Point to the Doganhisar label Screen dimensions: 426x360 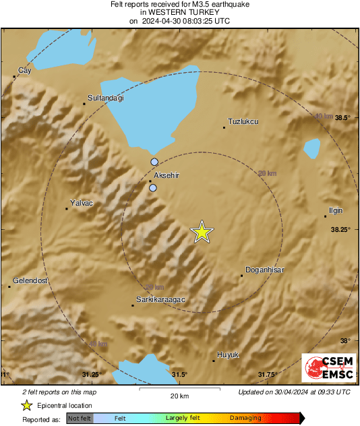pos(265,270)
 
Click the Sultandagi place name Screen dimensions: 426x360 pos(107,97)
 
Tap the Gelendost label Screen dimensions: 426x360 pos(30,280)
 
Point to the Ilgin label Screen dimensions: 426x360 pos(335,210)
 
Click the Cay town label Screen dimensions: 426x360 pos(24,70)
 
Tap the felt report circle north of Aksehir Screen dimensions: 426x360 pos(155,162)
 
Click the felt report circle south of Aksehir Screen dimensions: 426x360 pos(153,189)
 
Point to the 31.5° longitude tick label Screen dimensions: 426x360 pos(179,374)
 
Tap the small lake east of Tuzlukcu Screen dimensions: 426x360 pos(311,148)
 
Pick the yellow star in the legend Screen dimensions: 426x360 pos(27,405)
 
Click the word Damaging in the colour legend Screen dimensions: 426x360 pos(245,418)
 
